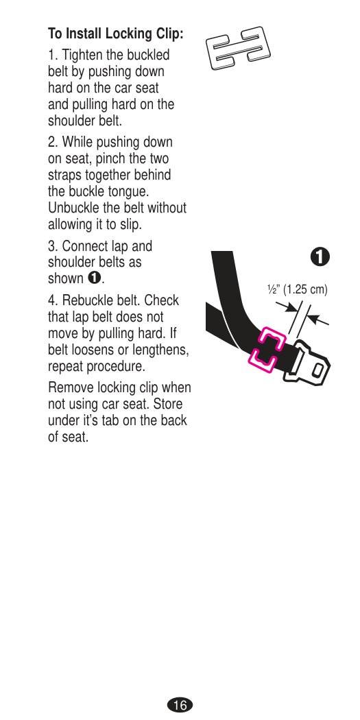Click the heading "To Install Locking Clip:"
[x=116, y=34]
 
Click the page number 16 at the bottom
[x=180, y=705]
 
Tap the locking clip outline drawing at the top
[x=237, y=48]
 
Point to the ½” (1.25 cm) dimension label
[x=298, y=290]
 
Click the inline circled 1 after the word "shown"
[x=95, y=278]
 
